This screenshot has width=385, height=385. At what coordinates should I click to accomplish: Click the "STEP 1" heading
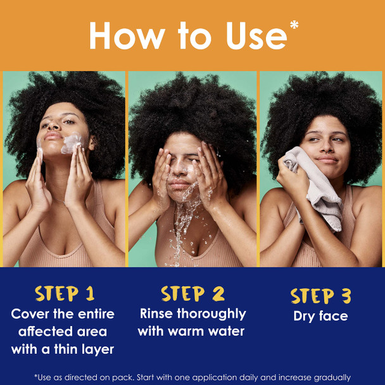click(x=65, y=294)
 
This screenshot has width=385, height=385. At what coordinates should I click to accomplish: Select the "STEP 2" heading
click(x=192, y=294)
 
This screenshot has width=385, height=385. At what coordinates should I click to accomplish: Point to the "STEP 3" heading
click(x=320, y=296)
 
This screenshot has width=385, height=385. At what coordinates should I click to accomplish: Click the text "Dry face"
click(x=320, y=315)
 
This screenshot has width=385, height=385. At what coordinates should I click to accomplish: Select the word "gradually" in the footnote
click(x=328, y=377)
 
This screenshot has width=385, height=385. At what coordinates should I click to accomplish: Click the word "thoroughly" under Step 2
click(x=212, y=313)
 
